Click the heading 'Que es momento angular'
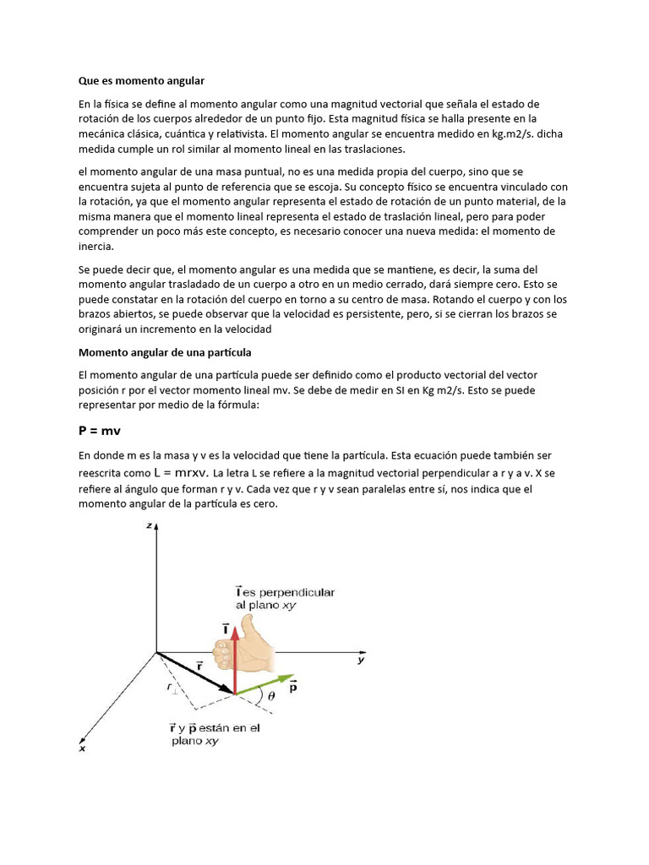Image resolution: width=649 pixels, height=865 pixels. pyautogui.click(x=142, y=81)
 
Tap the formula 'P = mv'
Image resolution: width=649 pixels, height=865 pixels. pyautogui.click(x=101, y=430)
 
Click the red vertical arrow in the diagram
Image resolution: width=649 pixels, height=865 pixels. pyautogui.click(x=236, y=659)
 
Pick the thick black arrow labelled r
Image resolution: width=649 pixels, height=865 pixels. pyautogui.click(x=194, y=672)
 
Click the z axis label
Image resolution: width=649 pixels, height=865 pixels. pyautogui.click(x=148, y=526)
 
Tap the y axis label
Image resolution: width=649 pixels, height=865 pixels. pyautogui.click(x=360, y=661)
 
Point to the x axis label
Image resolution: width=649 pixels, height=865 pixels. pyautogui.click(x=82, y=748)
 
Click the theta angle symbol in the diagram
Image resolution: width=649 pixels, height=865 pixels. pyautogui.click(x=270, y=697)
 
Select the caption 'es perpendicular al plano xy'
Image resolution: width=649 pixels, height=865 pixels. pyautogui.click(x=284, y=599)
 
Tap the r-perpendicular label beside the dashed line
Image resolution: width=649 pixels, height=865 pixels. pyautogui.click(x=172, y=688)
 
